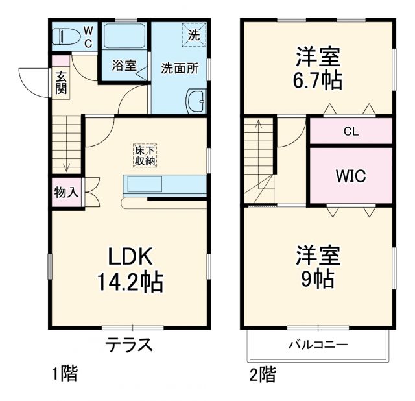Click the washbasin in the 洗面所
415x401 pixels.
pyautogui.click(x=196, y=102)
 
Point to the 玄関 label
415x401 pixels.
pyautogui.click(x=60, y=82)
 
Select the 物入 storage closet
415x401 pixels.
pyautogui.click(x=65, y=193)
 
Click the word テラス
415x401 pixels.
pyautogui.click(x=130, y=345)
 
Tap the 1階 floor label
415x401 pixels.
pyautogui.click(x=65, y=373)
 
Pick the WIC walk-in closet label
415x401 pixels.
pyautogui.click(x=351, y=175)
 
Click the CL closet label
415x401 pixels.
pyautogui.click(x=351, y=132)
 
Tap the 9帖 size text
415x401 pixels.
pyautogui.click(x=318, y=279)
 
